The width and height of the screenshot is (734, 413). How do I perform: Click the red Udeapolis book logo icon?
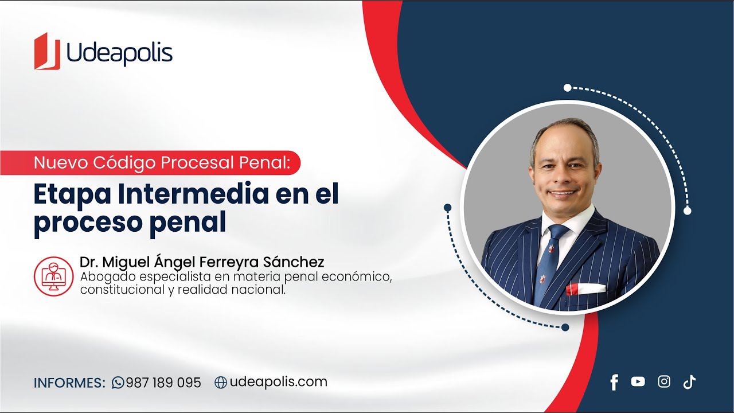[47, 52]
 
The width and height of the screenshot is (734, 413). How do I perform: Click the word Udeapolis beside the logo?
[119, 53]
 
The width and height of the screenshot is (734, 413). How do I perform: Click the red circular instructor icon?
[54, 276]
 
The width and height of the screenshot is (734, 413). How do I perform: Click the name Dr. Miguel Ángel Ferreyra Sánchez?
[202, 262]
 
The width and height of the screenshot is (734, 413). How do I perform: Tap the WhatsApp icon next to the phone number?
[118, 383]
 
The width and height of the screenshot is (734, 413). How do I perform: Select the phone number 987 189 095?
[163, 383]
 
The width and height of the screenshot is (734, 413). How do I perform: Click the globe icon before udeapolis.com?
[221, 383]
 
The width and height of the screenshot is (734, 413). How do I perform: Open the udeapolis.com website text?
[279, 382]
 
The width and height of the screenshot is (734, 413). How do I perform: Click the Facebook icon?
[614, 383]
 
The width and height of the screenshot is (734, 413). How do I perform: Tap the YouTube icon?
[638, 382]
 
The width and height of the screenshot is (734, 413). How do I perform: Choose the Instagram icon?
[664, 382]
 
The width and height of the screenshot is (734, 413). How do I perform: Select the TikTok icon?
[689, 382]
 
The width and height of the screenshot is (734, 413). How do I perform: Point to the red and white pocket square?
[585, 289]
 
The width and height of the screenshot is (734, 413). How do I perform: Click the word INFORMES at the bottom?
[69, 383]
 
